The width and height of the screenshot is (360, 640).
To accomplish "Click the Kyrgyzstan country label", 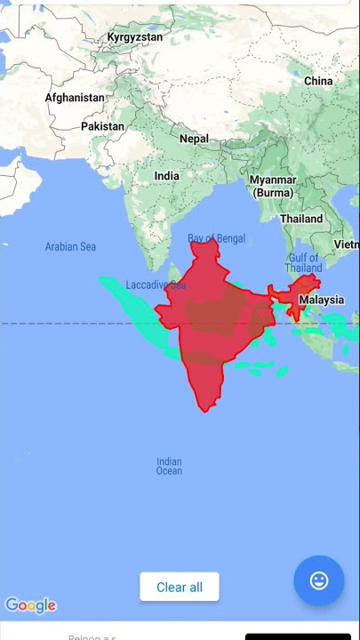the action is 135,37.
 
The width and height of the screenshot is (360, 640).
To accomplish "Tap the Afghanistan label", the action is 75,98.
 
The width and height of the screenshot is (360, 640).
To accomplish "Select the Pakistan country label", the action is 103,126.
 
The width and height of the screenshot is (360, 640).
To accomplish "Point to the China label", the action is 318,81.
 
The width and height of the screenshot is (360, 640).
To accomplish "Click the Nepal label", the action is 194,139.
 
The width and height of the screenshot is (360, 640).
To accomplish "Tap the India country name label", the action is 166,176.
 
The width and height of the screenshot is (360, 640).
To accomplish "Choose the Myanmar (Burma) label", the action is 273,186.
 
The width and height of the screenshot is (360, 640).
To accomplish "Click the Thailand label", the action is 301,219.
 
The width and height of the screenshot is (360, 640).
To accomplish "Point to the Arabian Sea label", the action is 70,246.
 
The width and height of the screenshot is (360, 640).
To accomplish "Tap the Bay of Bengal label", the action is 216,238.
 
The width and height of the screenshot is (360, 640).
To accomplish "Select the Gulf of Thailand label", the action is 304,263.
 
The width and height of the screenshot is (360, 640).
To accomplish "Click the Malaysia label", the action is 321,300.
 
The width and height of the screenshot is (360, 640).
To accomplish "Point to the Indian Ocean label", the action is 169,466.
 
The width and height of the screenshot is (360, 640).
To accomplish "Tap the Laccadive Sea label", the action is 156,285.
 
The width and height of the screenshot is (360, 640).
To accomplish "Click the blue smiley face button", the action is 318,580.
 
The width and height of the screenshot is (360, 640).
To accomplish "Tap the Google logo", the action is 30,605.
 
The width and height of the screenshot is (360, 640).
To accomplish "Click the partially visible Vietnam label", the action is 347,244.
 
